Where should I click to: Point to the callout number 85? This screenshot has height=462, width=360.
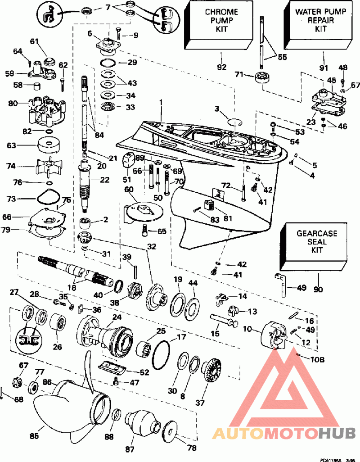[x=34, y=436]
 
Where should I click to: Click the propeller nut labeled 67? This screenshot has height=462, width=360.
[x=18, y=381]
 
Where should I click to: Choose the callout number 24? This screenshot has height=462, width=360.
[x=117, y=317]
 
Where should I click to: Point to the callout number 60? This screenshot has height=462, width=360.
[x=130, y=190]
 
